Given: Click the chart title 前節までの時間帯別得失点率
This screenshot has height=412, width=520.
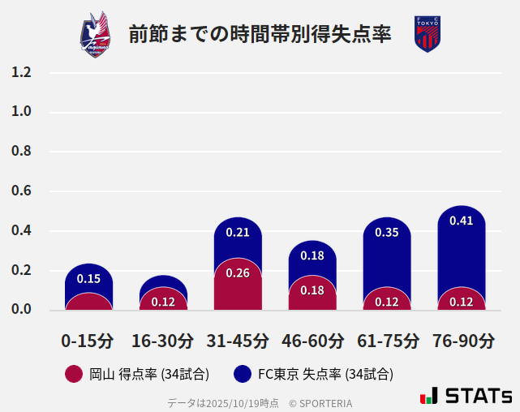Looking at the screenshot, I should coord(260,34).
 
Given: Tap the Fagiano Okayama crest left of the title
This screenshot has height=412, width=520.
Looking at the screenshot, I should coord(95,34).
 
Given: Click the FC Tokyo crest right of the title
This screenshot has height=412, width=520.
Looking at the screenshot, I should coord(427,34).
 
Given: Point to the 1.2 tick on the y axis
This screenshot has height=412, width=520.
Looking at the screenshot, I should coord(21,72).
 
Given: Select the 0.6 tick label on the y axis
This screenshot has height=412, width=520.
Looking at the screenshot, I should coord(21,191).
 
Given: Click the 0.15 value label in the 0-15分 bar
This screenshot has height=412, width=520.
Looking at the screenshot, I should coord(88,279).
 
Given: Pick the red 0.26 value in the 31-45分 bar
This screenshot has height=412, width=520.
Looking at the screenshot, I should coord(238,273).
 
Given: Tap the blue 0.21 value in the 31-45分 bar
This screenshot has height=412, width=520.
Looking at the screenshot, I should coord(238,233).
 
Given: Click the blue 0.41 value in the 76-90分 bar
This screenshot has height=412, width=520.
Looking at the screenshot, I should coord(462,221).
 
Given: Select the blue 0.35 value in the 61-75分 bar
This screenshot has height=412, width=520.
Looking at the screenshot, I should coord(387,233).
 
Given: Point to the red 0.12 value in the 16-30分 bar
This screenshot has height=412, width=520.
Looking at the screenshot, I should coord(163,303).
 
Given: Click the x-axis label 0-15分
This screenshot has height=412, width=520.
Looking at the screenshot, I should coord(88,341).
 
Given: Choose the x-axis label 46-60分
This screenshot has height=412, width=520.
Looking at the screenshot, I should coord(312,341).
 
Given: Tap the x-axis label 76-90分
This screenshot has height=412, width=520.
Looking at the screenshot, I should coord(462,341).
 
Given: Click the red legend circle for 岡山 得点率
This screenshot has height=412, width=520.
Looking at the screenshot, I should coord(74,374).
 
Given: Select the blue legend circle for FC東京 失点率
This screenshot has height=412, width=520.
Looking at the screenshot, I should coord(242,374).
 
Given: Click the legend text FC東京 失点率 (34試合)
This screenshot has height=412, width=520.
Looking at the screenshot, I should coord(325,374).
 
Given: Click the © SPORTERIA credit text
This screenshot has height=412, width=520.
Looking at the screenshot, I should coord(320,403).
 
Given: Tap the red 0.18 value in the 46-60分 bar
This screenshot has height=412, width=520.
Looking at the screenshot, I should coord(312,290).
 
